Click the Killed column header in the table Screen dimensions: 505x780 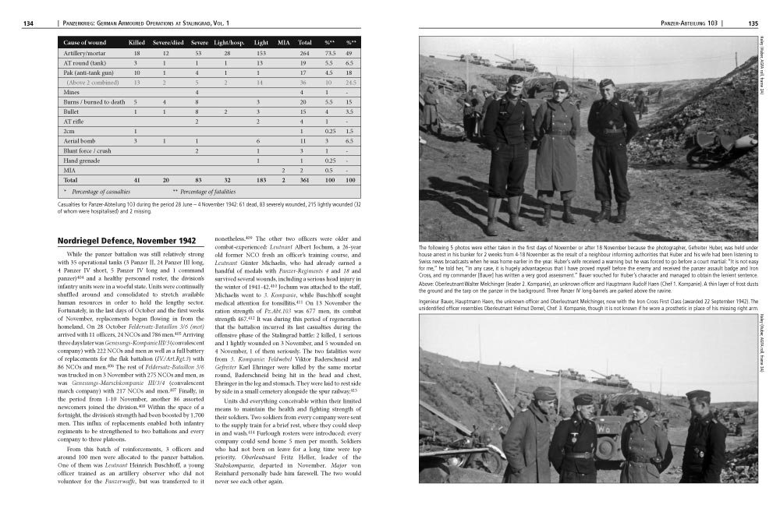click(136, 42)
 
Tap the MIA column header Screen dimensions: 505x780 click(284, 42)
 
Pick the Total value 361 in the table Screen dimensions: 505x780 click(305, 180)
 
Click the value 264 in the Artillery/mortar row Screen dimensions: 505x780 click(305, 52)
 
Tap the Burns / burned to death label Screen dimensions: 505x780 click(94, 101)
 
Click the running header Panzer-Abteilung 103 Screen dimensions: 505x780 click(689, 23)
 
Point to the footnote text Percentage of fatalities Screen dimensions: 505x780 click(211, 191)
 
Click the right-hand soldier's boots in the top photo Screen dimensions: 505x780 click(611, 213)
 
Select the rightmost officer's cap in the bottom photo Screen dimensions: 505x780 click(698, 395)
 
